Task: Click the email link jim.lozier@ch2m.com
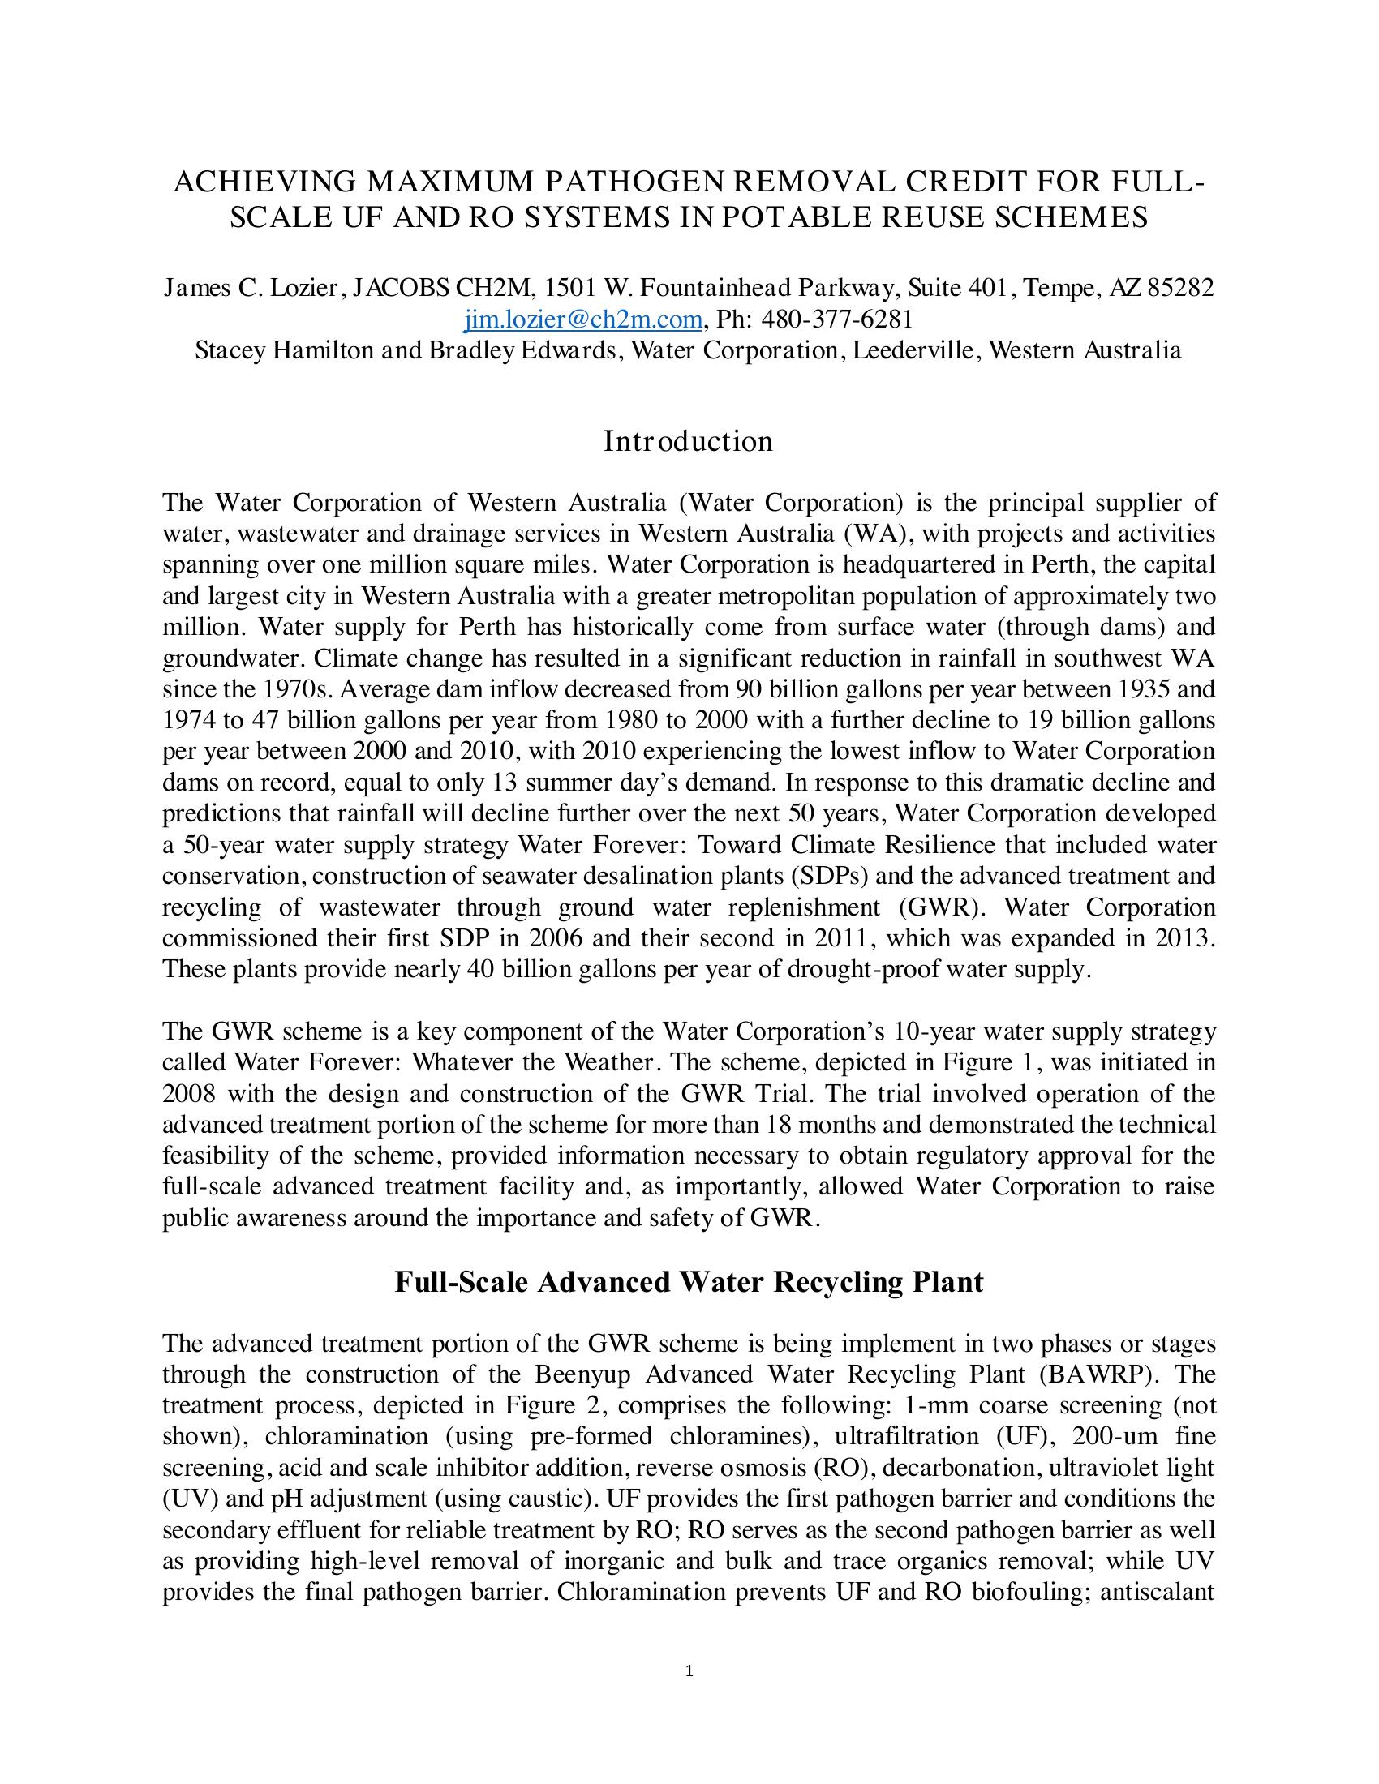point(582,319)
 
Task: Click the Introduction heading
point(688,441)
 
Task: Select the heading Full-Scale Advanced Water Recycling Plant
point(689,1281)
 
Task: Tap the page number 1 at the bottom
point(689,1670)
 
